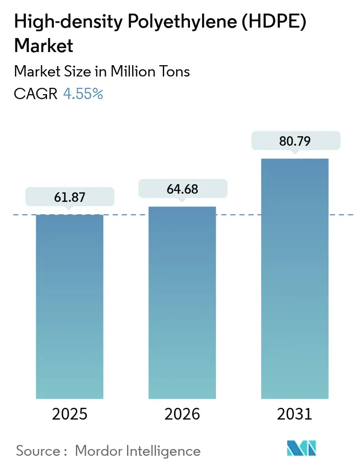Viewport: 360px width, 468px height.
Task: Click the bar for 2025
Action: click(70, 306)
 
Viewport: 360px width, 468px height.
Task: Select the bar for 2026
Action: click(182, 302)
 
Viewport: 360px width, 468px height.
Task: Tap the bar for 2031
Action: click(295, 278)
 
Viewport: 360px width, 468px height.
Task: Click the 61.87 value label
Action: click(70, 197)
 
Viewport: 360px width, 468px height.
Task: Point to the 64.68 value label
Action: click(182, 189)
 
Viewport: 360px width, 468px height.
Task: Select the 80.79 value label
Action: click(295, 141)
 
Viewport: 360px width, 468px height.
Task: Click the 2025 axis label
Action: click(70, 414)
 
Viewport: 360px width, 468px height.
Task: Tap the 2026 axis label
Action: click(182, 414)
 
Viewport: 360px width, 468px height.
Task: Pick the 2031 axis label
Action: click(295, 414)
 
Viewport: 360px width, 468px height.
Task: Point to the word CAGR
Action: click(36, 94)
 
